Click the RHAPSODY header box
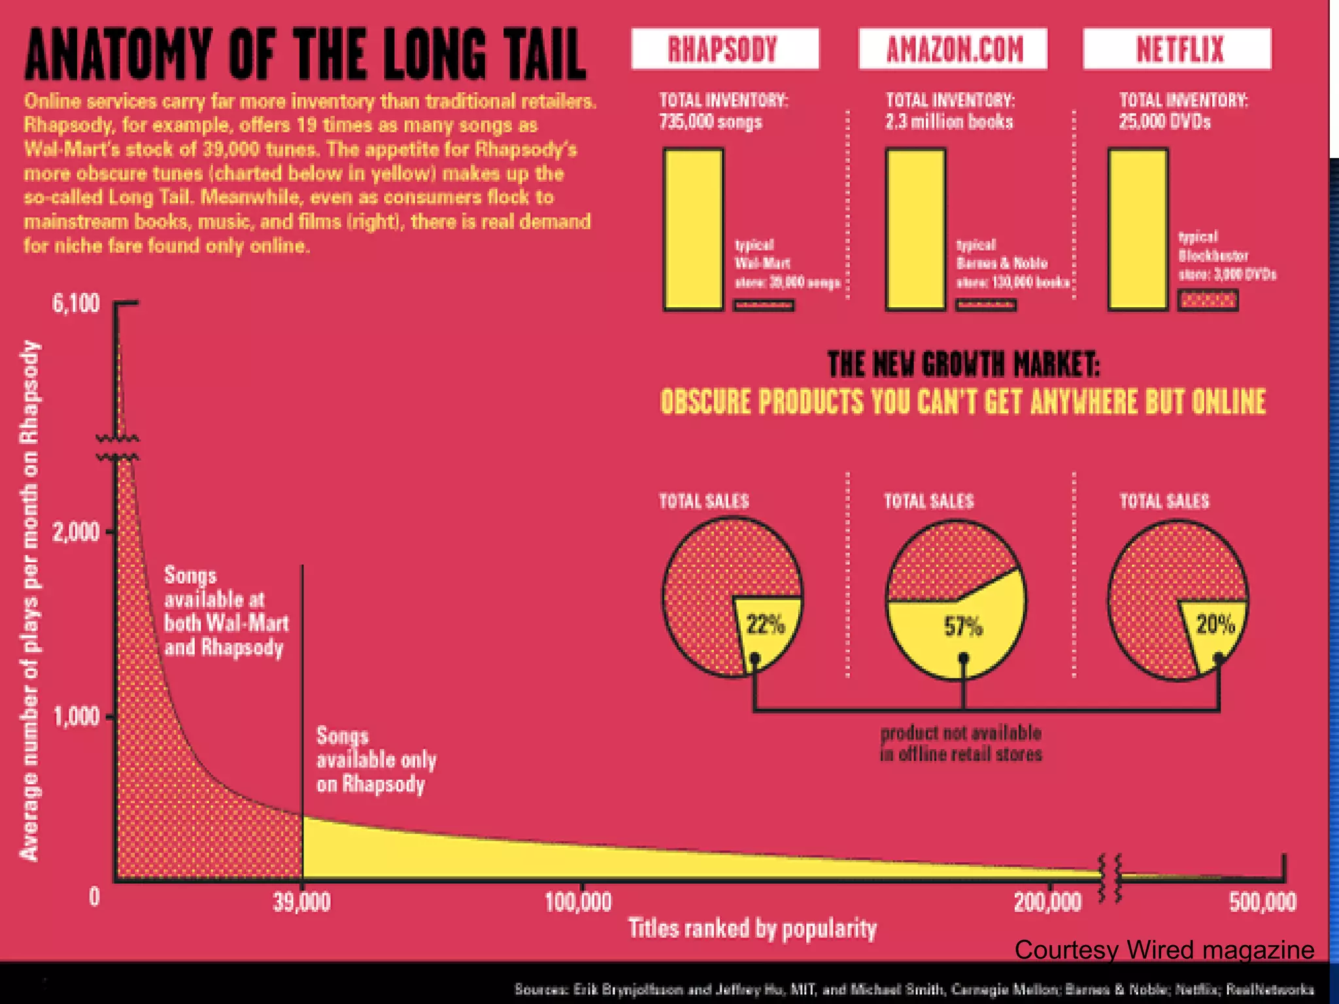(724, 48)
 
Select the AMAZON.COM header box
(953, 48)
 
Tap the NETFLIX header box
(1177, 48)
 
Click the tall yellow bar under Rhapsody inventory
(693, 229)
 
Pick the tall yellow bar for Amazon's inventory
(915, 229)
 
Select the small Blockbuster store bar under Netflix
(1208, 300)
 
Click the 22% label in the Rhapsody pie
(765, 625)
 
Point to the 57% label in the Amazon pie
(963, 626)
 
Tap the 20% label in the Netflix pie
(1215, 624)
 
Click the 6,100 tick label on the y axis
(76, 304)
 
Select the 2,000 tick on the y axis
(76, 532)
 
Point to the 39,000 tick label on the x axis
(301, 903)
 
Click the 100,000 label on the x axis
(578, 903)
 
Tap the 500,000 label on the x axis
(1262, 903)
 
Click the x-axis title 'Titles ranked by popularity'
(752, 928)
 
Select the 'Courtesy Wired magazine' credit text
(1164, 950)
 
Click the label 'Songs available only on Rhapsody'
(376, 760)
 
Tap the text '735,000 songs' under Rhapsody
(711, 122)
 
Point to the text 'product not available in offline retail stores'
(960, 743)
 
